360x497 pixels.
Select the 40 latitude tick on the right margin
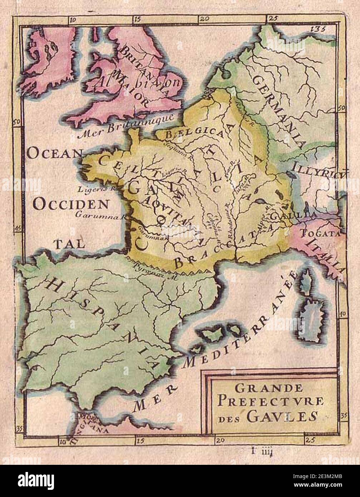(342, 314)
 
